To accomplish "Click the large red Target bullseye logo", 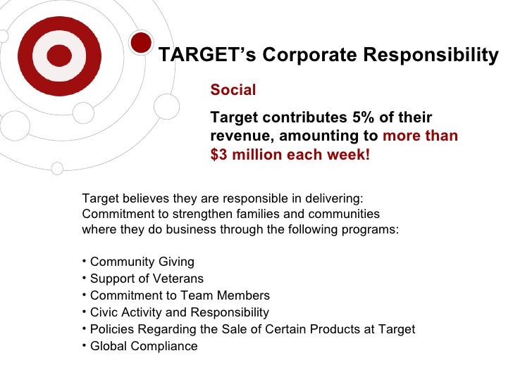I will [x=64, y=56].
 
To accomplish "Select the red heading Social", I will [x=233, y=90].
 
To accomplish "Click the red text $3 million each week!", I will [x=290, y=155].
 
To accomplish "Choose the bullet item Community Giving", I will [x=142, y=262].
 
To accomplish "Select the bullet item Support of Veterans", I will [x=147, y=279].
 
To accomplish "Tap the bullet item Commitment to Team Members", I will [x=180, y=295].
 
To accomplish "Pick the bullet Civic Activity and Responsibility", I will [x=179, y=312].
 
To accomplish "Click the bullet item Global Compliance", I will [x=144, y=346].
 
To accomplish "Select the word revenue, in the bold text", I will [x=238, y=136].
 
